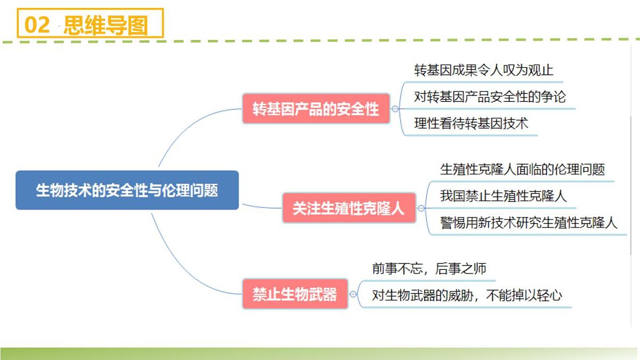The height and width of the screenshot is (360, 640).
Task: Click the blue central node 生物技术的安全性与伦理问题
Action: click(127, 190)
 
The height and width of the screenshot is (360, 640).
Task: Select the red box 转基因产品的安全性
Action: click(316, 109)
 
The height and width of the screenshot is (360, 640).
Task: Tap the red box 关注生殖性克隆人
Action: click(349, 208)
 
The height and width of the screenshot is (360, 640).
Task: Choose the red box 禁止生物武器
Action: click(295, 294)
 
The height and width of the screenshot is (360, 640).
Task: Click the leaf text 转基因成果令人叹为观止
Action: click(484, 70)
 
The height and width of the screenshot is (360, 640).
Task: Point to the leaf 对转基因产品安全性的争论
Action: click(490, 97)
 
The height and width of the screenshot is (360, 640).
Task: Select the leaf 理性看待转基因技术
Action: click(471, 123)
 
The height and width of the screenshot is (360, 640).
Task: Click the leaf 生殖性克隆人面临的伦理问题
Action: click(522, 170)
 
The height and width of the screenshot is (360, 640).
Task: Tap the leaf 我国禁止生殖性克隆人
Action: click(503, 196)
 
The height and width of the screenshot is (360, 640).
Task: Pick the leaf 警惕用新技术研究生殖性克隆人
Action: click(529, 222)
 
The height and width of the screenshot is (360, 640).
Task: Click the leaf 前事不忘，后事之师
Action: click(429, 269)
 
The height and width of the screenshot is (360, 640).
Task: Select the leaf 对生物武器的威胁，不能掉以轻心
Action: click(467, 295)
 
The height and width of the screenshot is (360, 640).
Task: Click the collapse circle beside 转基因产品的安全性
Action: click(395, 109)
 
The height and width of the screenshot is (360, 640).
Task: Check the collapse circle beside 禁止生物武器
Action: click(353, 294)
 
